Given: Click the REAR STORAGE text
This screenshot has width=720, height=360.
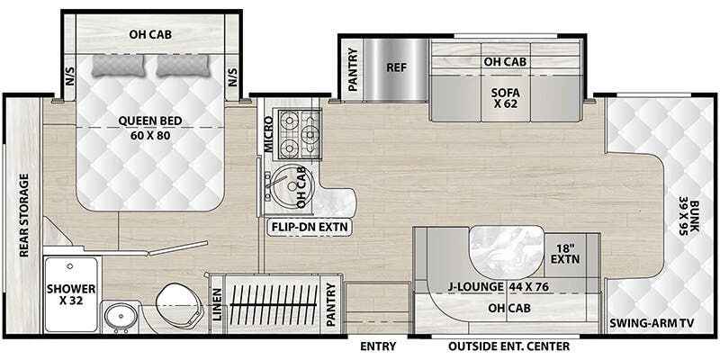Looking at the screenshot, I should click(x=22, y=216).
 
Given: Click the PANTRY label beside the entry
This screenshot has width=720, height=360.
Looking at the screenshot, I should click(x=331, y=307).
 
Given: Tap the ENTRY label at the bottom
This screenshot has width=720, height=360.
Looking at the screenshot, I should click(x=377, y=345).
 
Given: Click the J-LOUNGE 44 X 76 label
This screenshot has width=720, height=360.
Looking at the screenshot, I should click(x=487, y=288).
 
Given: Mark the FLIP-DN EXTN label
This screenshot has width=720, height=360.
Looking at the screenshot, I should click(x=310, y=228).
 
